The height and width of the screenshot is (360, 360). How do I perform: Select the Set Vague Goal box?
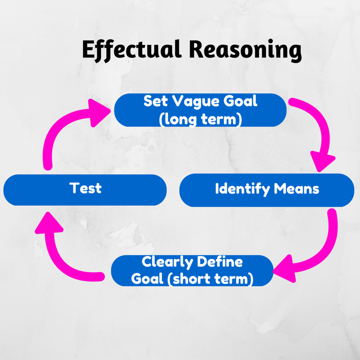[200, 110]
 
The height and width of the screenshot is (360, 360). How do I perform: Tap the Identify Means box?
[267, 189]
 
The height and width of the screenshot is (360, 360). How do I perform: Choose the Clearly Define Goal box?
[192, 270]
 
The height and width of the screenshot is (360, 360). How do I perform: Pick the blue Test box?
[85, 189]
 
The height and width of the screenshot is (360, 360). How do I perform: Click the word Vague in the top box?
[194, 101]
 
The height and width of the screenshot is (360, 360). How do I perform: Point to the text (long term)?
[201, 118]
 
